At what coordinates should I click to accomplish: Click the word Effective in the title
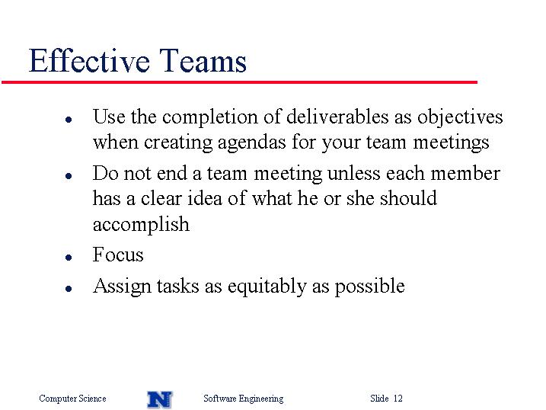pyautogui.click(x=90, y=61)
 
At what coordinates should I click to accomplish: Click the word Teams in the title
pyautogui.click(x=203, y=61)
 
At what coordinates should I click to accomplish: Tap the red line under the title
pyautogui.click(x=239, y=82)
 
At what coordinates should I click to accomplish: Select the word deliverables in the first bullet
pyautogui.click(x=337, y=117)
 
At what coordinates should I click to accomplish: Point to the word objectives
pyautogui.click(x=460, y=117)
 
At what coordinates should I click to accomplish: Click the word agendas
pyautogui.click(x=250, y=143)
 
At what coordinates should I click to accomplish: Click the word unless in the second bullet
pyautogui.click(x=354, y=173)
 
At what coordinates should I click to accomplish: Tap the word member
pyautogui.click(x=465, y=173)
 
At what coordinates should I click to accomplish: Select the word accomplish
pyautogui.click(x=141, y=225)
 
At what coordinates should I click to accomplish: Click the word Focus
pyautogui.click(x=118, y=255)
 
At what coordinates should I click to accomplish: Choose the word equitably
pyautogui.click(x=267, y=287)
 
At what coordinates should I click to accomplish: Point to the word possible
pyautogui.click(x=370, y=287)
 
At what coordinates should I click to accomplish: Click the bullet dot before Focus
pyautogui.click(x=69, y=258)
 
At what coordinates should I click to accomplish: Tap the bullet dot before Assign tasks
pyautogui.click(x=69, y=288)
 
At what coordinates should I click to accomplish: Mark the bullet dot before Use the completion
pyautogui.click(x=69, y=120)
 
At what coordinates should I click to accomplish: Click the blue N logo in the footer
pyautogui.click(x=160, y=399)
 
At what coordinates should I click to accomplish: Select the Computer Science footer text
pyautogui.click(x=72, y=398)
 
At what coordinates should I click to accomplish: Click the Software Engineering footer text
pyautogui.click(x=244, y=398)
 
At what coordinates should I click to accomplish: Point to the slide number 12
pyautogui.click(x=398, y=398)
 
